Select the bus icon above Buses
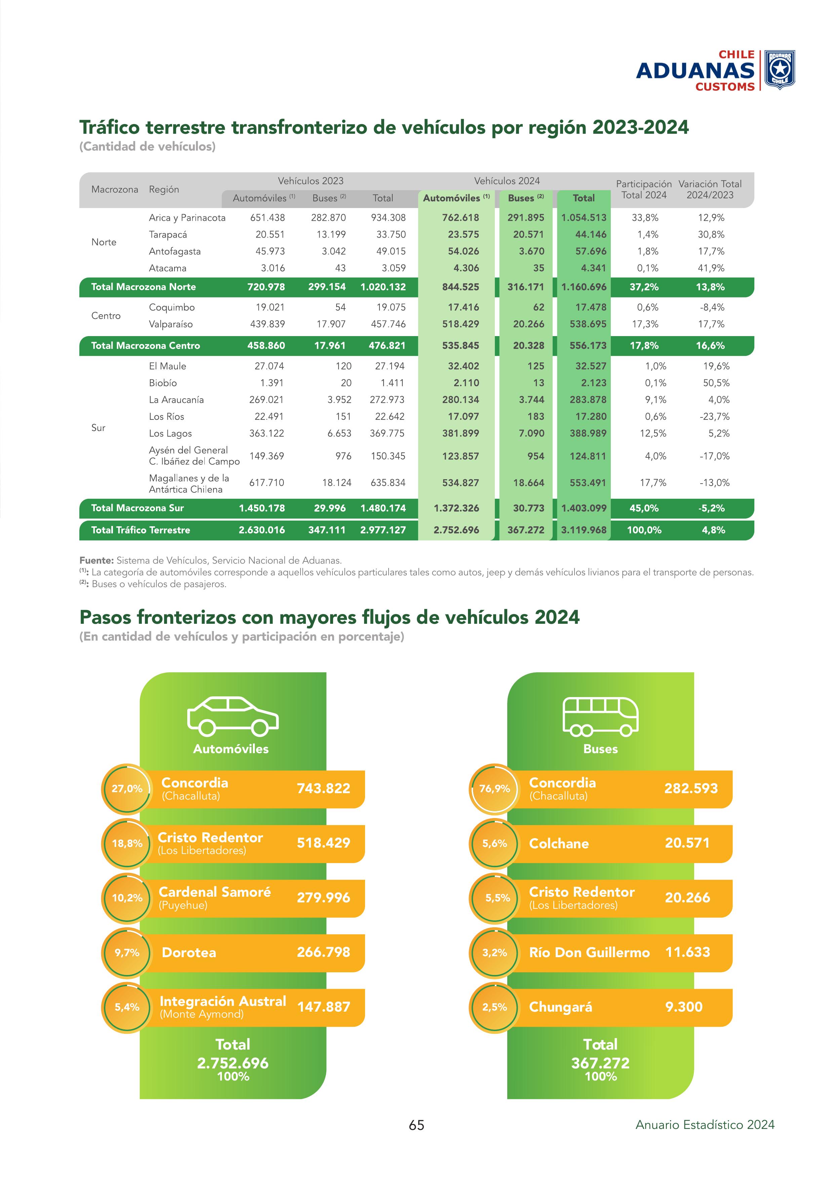tap(600, 715)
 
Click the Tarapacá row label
tap(168, 235)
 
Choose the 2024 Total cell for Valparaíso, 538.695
tap(588, 324)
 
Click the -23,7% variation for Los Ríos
tap(714, 416)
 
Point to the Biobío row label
tap(163, 383)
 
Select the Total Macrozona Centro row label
tap(145, 345)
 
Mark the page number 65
tap(416, 1125)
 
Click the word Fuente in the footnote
tap(96, 560)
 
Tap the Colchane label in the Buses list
tap(559, 844)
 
